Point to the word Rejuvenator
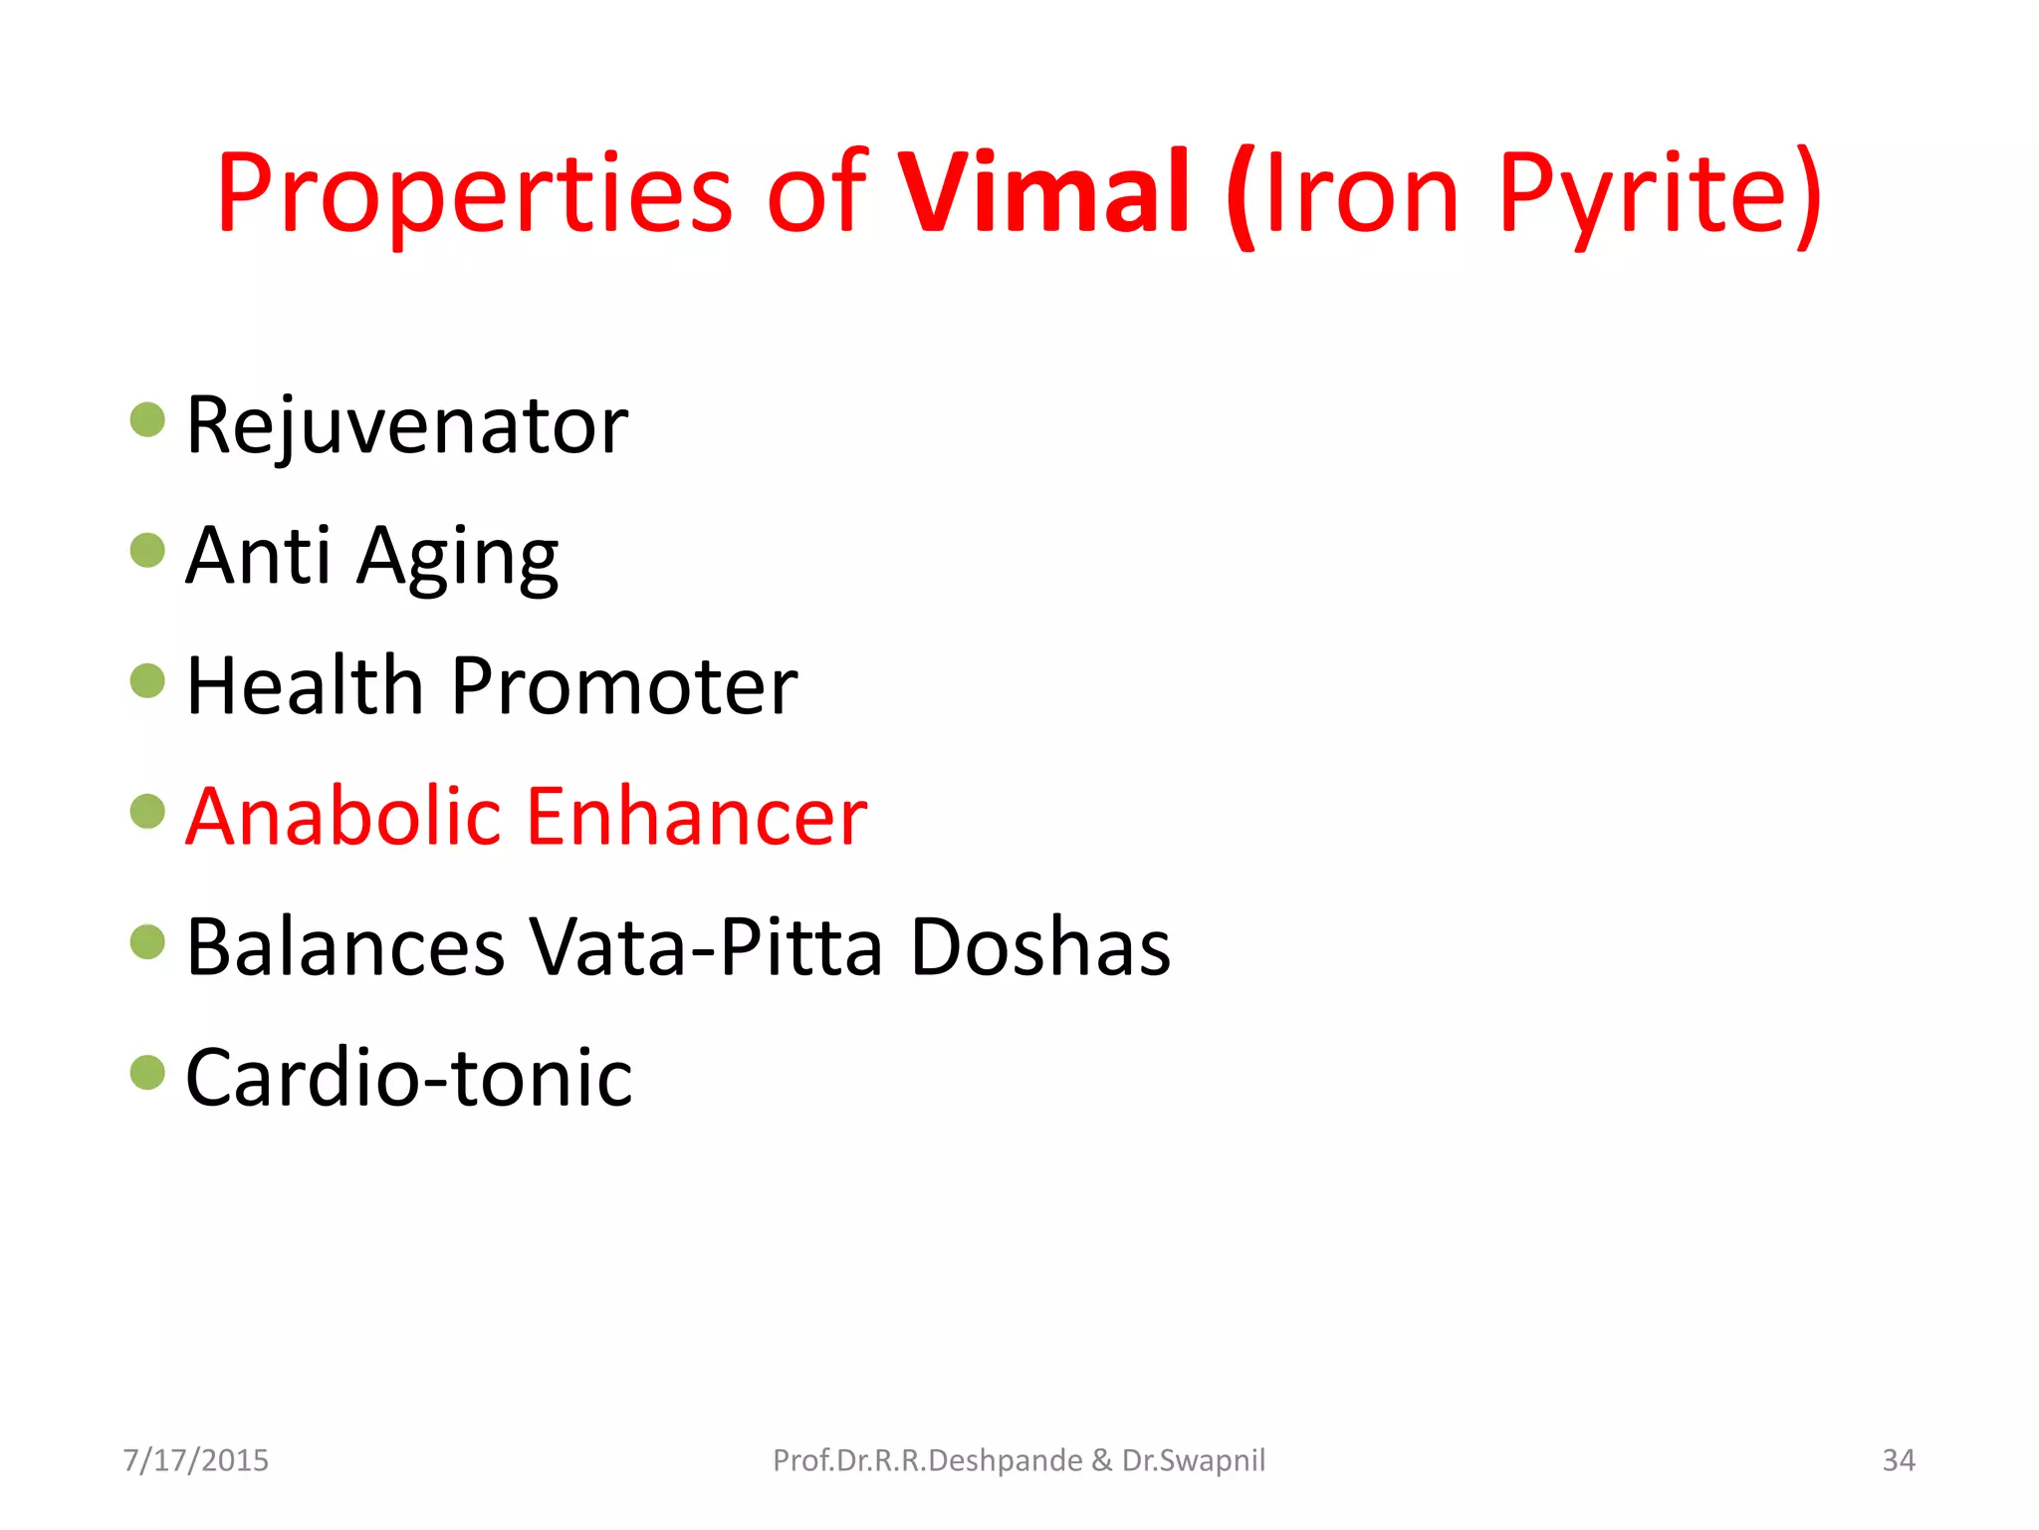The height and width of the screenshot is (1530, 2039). [406, 426]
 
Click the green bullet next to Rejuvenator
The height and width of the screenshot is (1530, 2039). [147, 419]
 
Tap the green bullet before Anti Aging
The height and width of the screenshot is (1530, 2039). [147, 550]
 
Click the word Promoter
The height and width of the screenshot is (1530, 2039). [623, 686]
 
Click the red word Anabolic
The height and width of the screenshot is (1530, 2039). [342, 817]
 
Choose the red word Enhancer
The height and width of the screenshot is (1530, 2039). [696, 817]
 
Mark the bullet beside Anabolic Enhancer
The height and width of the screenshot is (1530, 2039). [147, 811]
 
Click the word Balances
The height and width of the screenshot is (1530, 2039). [345, 947]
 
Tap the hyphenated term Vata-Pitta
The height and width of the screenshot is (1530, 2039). [706, 947]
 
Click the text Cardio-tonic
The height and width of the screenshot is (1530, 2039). [408, 1078]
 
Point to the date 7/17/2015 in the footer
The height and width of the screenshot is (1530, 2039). [196, 1460]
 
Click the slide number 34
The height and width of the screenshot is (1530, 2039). [1898, 1460]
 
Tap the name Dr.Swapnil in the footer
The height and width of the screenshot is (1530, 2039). [1193, 1460]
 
